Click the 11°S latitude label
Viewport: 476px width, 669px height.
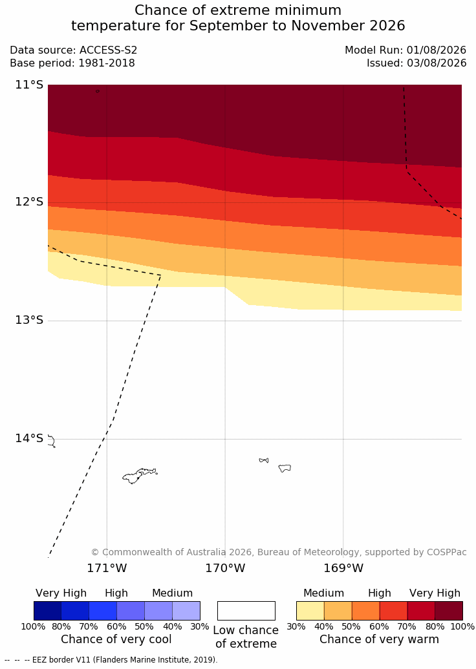[x=30, y=85]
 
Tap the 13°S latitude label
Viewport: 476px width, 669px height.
[x=30, y=320]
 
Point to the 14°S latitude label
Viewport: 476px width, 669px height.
[x=30, y=438]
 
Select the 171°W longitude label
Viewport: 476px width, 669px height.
[x=107, y=568]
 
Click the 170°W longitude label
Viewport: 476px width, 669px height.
[x=226, y=568]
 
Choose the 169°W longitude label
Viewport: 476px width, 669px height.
[x=343, y=568]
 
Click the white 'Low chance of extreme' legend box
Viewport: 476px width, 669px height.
[x=246, y=611]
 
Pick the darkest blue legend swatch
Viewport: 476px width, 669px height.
[x=47, y=611]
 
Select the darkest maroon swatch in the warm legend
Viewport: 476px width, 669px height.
[x=449, y=611]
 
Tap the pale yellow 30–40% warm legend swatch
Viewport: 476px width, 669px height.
[x=310, y=611]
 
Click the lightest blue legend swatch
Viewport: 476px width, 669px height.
[x=186, y=611]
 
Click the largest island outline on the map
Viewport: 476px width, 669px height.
[x=140, y=475]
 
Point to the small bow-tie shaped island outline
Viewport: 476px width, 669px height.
[x=264, y=460]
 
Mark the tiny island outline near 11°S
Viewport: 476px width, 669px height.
[x=98, y=91]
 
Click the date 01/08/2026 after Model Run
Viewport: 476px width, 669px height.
[x=436, y=50]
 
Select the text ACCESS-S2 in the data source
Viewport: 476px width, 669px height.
[x=109, y=50]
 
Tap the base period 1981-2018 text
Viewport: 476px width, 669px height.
[x=106, y=63]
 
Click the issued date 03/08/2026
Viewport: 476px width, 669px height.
[x=436, y=63]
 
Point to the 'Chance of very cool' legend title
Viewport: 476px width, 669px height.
[x=116, y=639]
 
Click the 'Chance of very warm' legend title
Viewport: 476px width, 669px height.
[x=379, y=639]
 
